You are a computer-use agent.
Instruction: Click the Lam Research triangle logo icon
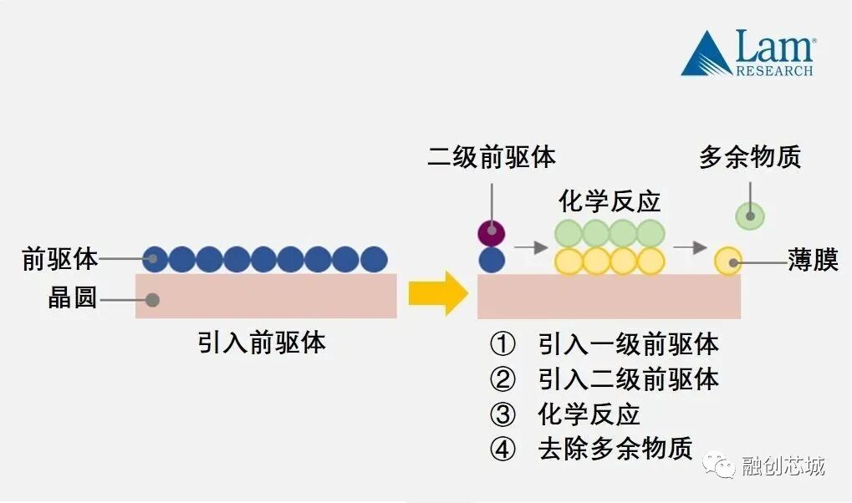point(706,55)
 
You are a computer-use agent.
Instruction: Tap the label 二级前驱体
point(492,157)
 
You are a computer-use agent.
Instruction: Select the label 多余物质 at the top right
point(750,156)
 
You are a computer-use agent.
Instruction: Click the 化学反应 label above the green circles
point(610,201)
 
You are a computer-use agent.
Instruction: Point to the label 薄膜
point(813,260)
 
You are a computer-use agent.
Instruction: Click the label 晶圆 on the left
point(73,298)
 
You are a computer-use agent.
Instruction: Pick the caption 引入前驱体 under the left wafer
point(262,343)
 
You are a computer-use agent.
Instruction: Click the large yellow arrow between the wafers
point(438,293)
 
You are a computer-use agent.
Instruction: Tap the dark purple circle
point(492,231)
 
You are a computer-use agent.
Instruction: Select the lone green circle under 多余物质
point(750,216)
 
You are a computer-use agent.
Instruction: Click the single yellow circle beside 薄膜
point(728,261)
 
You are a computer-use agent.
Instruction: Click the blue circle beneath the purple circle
point(492,260)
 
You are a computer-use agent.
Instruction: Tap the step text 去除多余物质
point(615,449)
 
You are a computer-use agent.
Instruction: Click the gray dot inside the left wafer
point(152,299)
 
